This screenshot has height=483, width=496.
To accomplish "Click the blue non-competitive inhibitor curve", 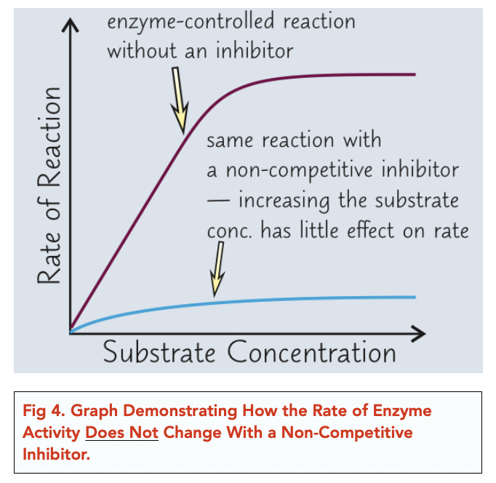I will point(291,299).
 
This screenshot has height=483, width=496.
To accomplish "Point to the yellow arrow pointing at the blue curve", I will point(217,270).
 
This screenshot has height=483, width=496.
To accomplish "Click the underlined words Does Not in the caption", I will point(121,433).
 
